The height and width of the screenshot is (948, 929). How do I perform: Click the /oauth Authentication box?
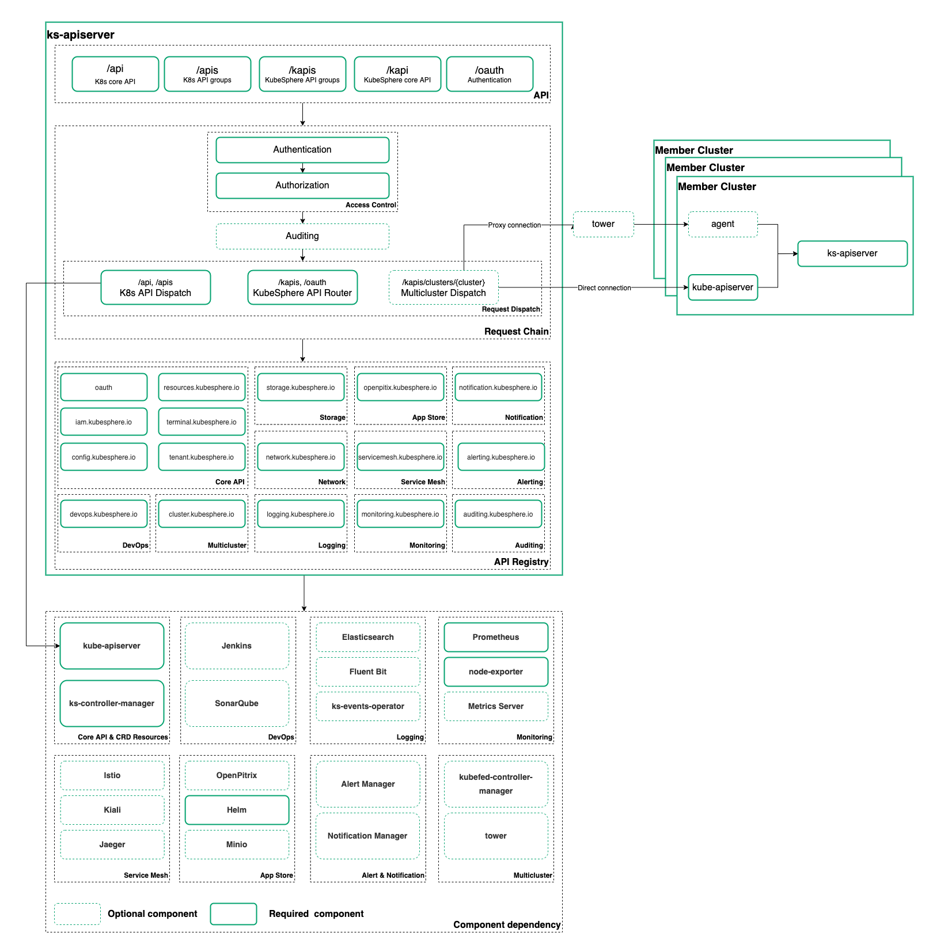point(490,74)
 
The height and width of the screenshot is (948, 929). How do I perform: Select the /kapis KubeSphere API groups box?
point(302,74)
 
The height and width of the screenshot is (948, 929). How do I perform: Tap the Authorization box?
point(302,185)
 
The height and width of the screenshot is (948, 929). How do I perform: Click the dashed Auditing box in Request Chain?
point(302,236)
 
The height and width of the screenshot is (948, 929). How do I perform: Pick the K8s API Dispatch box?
point(156,287)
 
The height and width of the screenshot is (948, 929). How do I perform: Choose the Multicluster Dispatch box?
point(443,287)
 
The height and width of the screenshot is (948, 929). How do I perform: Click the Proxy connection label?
point(514,225)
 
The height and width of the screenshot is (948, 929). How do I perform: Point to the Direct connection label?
point(604,288)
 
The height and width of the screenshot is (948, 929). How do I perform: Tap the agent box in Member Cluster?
point(723,224)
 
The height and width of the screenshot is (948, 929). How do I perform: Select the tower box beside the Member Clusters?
point(603,224)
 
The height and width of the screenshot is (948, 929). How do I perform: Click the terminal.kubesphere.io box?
point(202,422)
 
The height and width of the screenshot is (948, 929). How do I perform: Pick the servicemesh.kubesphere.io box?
point(400,457)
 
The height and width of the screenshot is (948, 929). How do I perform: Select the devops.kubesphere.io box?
point(104,514)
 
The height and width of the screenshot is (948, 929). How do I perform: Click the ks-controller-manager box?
point(112,703)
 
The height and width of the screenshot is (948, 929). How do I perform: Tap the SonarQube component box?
point(237,703)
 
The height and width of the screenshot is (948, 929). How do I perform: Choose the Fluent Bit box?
point(368,672)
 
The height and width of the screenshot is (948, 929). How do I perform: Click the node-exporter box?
point(496,672)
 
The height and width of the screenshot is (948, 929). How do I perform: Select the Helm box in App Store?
point(237,810)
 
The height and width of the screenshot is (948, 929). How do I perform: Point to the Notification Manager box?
point(367,836)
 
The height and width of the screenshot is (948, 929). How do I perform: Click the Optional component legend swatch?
point(77,914)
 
